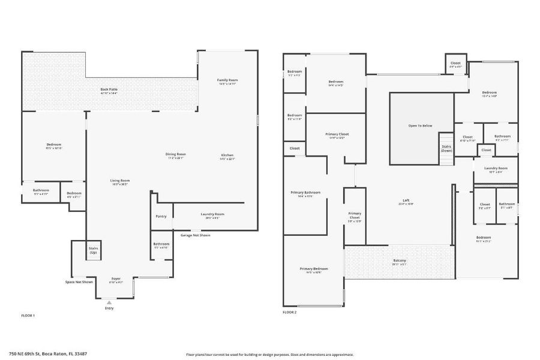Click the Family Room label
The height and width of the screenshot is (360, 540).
(x=227, y=80)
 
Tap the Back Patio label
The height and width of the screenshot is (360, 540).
(x=109, y=89)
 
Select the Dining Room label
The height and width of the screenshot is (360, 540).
(x=176, y=154)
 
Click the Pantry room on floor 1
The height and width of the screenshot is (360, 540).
(x=161, y=216)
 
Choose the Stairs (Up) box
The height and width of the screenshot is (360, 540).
(x=93, y=250)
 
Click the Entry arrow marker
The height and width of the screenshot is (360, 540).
(x=109, y=304)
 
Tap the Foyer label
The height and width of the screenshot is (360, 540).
(x=115, y=278)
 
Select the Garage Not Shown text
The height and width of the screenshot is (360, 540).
(x=196, y=235)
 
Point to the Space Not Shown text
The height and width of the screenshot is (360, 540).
(x=79, y=281)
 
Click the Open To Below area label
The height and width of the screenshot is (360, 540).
(x=420, y=125)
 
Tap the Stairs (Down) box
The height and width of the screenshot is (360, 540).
(x=446, y=148)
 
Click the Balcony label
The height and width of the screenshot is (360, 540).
(x=399, y=260)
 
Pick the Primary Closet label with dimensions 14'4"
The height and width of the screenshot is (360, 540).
(x=337, y=134)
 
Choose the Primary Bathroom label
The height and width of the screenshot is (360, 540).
(x=305, y=193)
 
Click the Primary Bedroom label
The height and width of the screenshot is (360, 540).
(x=314, y=269)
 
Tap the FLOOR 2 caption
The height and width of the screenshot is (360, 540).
(x=289, y=313)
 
